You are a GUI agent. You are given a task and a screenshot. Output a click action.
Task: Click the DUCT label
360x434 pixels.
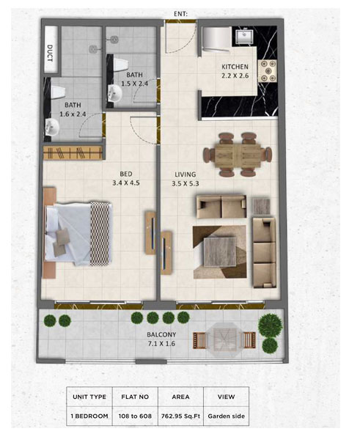coord(50,53)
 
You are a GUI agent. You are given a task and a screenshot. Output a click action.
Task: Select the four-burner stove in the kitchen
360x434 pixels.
coord(267,71)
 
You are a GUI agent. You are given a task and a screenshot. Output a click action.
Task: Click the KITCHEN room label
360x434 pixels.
coord(235,67)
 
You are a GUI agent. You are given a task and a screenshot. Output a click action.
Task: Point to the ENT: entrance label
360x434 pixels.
coord(180,13)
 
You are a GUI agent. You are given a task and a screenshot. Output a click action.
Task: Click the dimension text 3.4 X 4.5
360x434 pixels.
coord(126,183)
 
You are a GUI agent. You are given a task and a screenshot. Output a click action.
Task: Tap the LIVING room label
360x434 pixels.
coord(185,174)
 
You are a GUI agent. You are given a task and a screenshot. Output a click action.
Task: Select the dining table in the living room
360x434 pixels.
coord(238,155)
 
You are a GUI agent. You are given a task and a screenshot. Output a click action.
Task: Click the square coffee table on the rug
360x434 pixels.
coord(220,251)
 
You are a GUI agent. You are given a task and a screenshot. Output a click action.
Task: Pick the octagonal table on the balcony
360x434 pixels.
coord(224,339)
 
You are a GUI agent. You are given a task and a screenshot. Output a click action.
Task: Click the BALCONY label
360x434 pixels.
coord(161,334)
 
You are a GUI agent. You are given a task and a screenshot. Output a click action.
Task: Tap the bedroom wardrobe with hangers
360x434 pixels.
coord(73,152)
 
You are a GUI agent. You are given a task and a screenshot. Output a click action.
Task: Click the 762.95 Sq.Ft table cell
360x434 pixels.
coord(180,416)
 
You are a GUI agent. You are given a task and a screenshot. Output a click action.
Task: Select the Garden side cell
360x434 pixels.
coord(227,416)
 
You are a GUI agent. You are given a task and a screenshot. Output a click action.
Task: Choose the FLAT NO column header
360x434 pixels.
coord(135,397)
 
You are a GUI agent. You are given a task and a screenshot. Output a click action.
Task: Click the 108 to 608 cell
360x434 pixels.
coord(135,416)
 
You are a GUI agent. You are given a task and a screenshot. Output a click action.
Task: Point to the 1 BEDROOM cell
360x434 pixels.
coord(89,416)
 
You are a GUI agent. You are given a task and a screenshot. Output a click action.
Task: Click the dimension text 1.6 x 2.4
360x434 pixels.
coord(73,114)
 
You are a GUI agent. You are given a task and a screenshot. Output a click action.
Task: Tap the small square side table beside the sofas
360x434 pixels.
coord(262,207)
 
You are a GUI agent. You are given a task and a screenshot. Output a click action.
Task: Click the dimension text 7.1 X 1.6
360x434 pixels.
coord(161,344)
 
